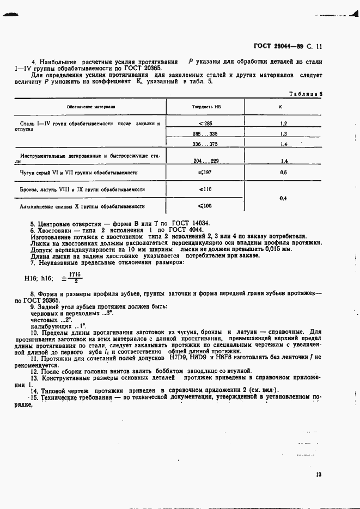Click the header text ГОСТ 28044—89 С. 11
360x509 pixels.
click(x=288, y=47)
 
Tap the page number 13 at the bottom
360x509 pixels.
click(x=318, y=475)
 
